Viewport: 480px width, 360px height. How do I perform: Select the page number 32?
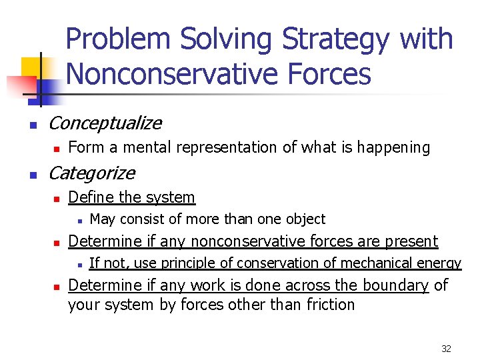447,349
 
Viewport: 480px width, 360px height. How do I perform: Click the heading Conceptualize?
105,123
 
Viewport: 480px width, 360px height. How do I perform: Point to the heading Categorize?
91,173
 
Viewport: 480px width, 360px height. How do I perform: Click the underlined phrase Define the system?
131,197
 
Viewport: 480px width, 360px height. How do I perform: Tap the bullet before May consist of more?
78,220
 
